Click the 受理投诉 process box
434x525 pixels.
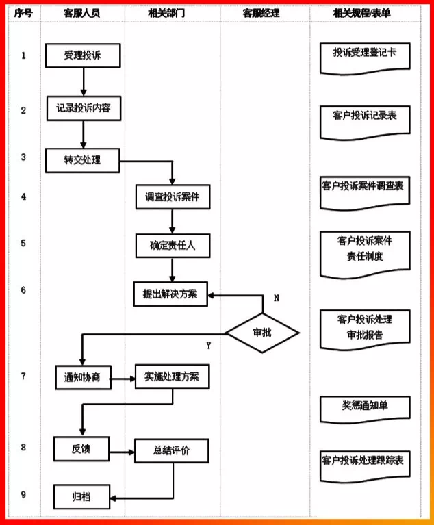(83, 55)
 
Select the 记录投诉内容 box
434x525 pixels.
(83, 108)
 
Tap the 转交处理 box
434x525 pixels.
(83, 159)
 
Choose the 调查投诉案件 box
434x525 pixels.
(172, 197)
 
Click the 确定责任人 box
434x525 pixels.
(172, 244)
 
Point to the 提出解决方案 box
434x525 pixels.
(170, 294)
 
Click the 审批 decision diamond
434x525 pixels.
(262, 333)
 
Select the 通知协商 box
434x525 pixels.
(83, 377)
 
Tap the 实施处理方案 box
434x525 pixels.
(171, 376)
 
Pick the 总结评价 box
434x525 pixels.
(171, 450)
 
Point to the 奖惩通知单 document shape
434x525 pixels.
(365, 407)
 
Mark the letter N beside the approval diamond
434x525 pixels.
(277, 298)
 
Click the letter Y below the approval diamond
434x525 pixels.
(208, 346)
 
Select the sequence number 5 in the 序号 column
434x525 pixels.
(23, 242)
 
